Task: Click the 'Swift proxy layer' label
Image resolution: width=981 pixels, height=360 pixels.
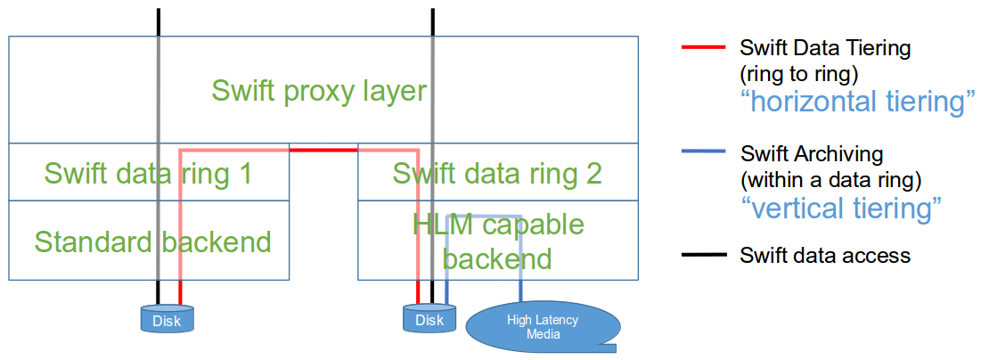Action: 319,90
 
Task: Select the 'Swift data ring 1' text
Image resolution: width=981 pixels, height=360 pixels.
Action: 148,173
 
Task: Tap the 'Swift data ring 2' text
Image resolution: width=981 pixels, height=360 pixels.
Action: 497,173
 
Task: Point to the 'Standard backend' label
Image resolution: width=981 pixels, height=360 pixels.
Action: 152,241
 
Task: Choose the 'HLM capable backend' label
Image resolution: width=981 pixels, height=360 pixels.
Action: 498,241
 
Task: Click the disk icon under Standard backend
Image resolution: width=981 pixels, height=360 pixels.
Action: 167,318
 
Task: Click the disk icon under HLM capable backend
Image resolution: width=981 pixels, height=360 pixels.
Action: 429,318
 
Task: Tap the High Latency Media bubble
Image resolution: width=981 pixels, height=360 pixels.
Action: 542,327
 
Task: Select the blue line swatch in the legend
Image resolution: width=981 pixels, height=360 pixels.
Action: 699,153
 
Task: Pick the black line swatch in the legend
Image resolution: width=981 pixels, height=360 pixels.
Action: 699,257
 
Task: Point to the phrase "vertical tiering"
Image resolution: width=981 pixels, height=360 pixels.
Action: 841,208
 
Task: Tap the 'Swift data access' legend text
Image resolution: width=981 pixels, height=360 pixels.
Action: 825,257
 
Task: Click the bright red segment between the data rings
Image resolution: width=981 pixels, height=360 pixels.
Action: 323,150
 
